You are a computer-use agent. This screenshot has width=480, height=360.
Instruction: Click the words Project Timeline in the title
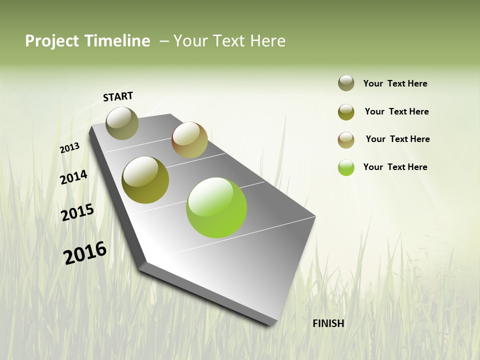[x=87, y=41]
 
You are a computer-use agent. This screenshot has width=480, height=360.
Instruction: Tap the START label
[x=118, y=96]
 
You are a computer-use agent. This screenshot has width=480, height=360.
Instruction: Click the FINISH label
[x=328, y=323]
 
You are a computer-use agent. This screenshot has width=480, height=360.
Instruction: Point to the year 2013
[x=70, y=148]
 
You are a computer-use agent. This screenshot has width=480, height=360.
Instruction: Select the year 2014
[x=74, y=177]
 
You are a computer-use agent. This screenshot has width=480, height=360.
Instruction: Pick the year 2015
[x=77, y=212]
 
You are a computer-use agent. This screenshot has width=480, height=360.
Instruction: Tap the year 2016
[x=85, y=252]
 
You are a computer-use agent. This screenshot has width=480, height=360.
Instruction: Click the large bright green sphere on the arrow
[x=216, y=207]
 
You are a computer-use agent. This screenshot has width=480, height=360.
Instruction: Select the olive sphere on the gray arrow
[x=145, y=180]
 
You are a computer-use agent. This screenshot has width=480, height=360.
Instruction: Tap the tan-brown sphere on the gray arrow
[x=189, y=140]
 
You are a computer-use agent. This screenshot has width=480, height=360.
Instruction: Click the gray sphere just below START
[x=122, y=123]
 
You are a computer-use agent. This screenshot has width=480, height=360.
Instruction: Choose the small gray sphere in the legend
[x=346, y=83]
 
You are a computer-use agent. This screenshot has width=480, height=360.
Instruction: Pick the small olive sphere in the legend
[x=346, y=112]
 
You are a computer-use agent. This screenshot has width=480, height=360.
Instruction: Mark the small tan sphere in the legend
[x=346, y=140]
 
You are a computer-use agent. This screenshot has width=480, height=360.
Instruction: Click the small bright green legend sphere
[x=346, y=167]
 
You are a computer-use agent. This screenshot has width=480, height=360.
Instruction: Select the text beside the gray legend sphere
[x=395, y=83]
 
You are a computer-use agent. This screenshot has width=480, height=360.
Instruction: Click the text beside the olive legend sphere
[x=396, y=111]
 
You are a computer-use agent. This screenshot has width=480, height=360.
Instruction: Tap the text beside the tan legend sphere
[x=397, y=139]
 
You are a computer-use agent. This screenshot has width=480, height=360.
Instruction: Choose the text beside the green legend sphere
[x=395, y=167]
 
